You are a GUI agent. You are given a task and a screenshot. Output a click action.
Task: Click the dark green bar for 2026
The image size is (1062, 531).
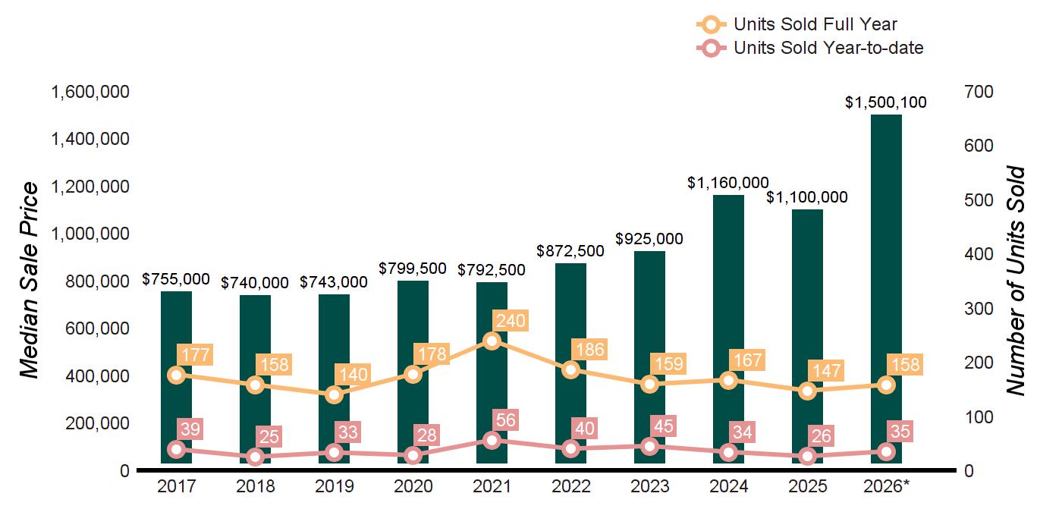click(x=886, y=289)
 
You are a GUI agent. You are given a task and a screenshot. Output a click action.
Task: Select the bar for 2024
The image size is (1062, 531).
click(x=729, y=329)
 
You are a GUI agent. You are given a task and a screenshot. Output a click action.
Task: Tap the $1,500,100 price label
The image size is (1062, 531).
click(x=886, y=102)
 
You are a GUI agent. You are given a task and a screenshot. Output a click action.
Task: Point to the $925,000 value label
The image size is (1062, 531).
click(x=649, y=238)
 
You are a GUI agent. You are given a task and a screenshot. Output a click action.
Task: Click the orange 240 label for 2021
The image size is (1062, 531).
click(x=511, y=321)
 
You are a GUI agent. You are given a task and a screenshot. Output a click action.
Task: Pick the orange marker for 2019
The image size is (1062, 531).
click(x=335, y=395)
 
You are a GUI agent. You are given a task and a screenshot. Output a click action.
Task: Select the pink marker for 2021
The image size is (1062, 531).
click(x=492, y=441)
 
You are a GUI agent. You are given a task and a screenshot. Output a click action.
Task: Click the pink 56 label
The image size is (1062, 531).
click(x=506, y=420)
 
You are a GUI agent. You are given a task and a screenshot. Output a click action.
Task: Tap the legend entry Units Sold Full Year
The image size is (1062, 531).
click(x=797, y=24)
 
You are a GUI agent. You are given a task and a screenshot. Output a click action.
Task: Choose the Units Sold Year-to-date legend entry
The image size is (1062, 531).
click(x=810, y=48)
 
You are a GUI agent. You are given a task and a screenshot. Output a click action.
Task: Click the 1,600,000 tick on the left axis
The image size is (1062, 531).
click(x=90, y=92)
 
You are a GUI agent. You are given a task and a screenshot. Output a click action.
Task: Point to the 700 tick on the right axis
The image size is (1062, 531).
click(x=979, y=92)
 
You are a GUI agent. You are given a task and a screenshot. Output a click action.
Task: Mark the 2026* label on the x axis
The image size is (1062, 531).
click(x=887, y=486)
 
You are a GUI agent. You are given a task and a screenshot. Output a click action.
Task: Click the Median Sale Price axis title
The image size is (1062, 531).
click(x=30, y=280)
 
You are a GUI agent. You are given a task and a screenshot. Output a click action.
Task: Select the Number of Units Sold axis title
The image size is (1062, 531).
click(x=1016, y=281)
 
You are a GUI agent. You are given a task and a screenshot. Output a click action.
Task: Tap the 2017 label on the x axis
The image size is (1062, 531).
click(x=176, y=486)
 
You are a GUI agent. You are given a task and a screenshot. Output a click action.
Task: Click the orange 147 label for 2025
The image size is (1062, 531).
click(x=826, y=371)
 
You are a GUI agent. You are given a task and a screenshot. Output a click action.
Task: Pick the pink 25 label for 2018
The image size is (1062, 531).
click(x=269, y=437)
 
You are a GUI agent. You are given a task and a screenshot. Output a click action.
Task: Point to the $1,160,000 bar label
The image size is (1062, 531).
click(x=727, y=183)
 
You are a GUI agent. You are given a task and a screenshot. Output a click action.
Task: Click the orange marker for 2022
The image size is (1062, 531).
click(x=570, y=370)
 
